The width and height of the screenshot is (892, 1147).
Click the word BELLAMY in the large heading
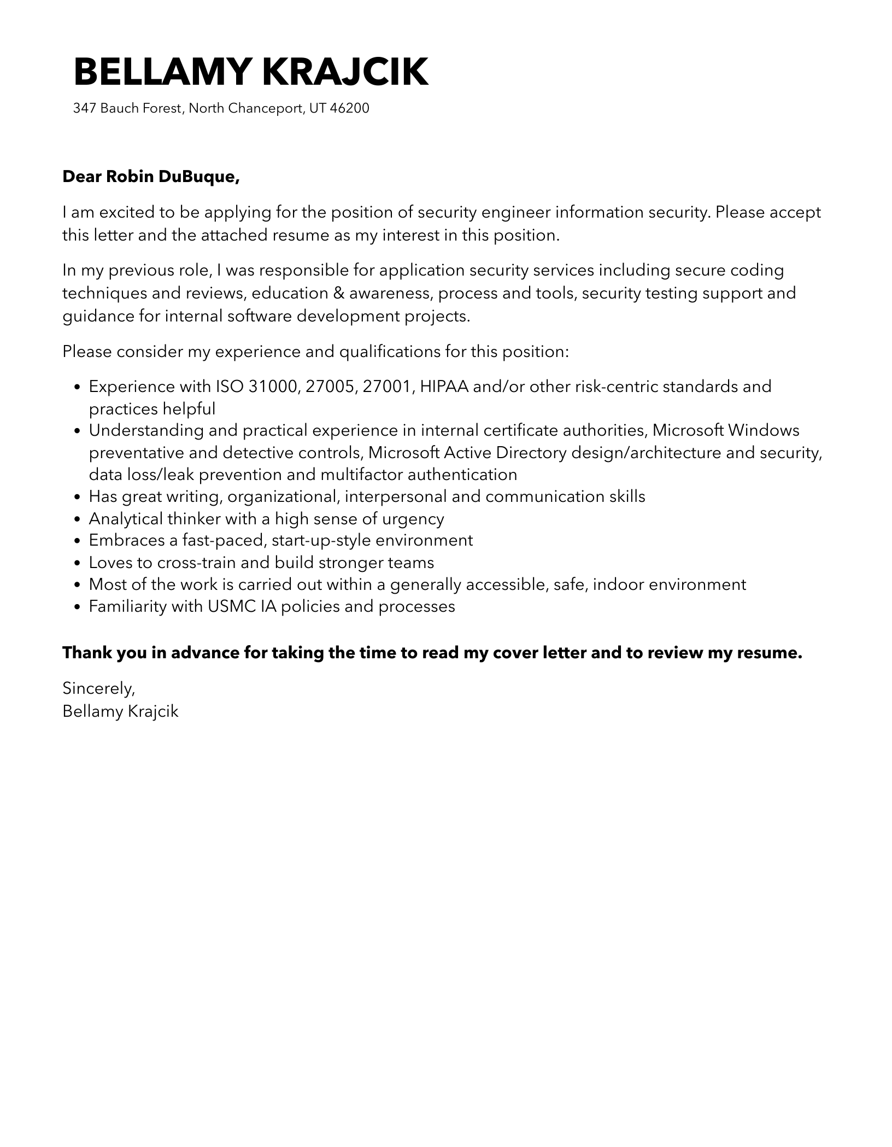click(162, 72)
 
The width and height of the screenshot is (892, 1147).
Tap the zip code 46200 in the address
click(350, 108)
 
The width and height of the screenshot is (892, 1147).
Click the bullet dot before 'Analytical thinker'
click(77, 519)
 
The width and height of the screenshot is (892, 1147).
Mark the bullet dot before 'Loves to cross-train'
click(77, 563)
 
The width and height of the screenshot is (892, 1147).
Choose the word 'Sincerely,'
click(98, 688)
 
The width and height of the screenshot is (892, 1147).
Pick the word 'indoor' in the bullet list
click(620, 584)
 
